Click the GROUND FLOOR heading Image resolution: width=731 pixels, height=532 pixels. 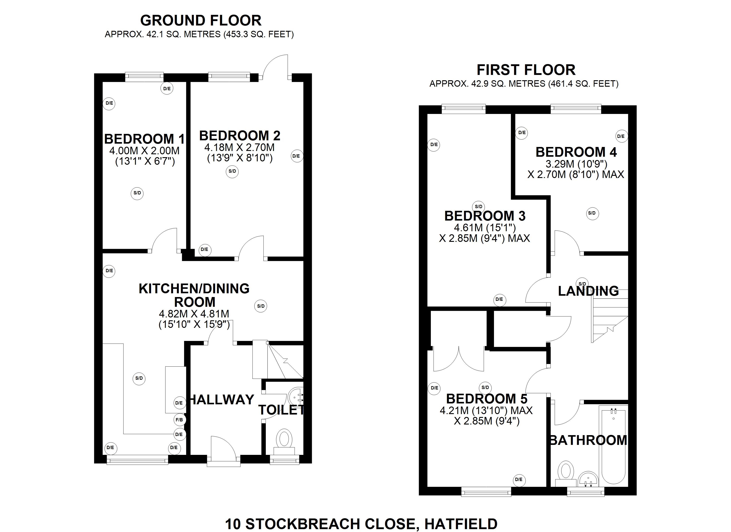click(x=200, y=21)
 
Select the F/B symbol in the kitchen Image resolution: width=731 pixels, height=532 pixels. click(x=179, y=420)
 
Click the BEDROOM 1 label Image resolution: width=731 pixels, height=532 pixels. click(x=144, y=139)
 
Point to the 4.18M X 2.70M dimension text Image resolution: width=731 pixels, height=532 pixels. click(x=239, y=147)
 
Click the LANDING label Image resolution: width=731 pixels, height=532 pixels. click(x=588, y=291)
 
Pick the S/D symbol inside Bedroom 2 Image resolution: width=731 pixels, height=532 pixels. click(x=232, y=171)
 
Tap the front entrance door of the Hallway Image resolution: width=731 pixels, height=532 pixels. click(x=223, y=452)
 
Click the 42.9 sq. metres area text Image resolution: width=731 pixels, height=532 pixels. click(x=524, y=84)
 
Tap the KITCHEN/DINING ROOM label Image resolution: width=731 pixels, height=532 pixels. click(x=194, y=295)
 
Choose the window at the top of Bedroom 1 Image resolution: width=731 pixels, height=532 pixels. click(x=144, y=76)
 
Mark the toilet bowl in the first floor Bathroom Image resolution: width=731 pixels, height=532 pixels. click(x=566, y=471)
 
